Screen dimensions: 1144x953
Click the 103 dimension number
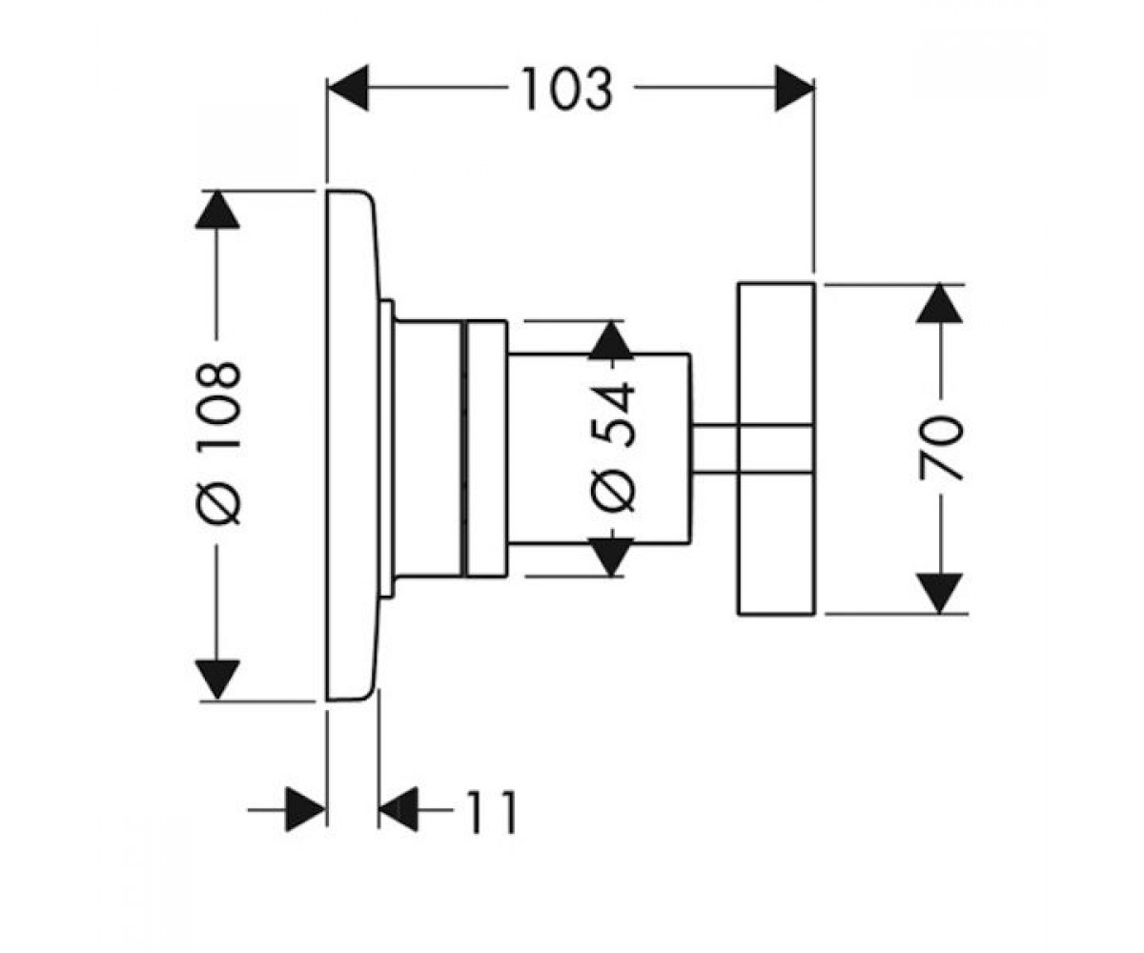(x=567, y=89)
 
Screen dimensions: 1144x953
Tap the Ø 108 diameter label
(x=218, y=442)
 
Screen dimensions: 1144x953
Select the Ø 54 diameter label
(x=613, y=448)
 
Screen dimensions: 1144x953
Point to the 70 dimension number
(x=940, y=448)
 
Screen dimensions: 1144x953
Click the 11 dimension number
(x=492, y=811)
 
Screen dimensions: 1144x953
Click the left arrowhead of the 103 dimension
(x=348, y=88)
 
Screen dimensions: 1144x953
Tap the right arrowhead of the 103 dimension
(x=795, y=88)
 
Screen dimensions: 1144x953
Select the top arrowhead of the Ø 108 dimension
(x=217, y=210)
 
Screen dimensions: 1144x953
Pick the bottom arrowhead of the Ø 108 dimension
(x=217, y=679)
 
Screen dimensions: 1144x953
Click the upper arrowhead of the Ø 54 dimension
(x=611, y=340)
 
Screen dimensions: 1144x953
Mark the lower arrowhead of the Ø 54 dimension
(x=611, y=557)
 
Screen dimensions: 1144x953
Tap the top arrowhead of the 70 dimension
(x=939, y=303)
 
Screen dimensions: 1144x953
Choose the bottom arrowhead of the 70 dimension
(x=939, y=594)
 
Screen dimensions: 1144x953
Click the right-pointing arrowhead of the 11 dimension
(x=306, y=809)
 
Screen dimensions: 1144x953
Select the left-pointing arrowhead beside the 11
(x=398, y=809)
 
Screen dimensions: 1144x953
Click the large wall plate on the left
(x=353, y=445)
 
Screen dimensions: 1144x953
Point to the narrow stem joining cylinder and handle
(x=714, y=448)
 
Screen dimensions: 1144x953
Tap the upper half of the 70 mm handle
(x=776, y=354)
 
